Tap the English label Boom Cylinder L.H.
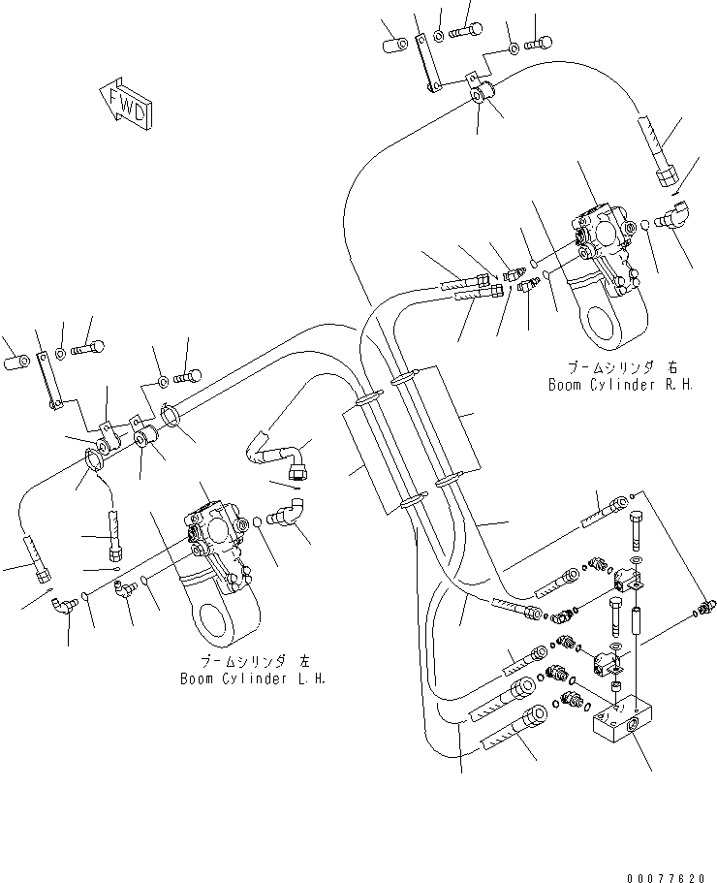point(252,678)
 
